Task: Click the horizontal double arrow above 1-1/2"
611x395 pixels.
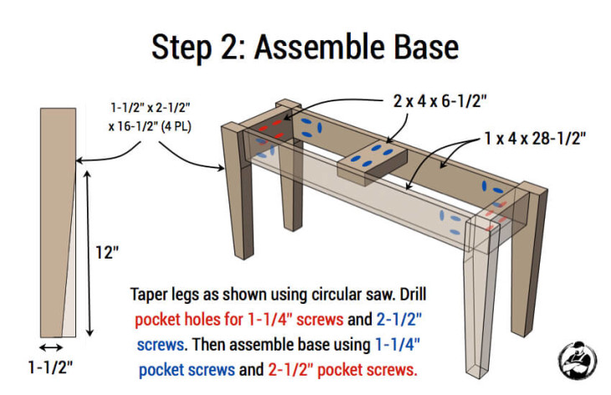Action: (x=51, y=346)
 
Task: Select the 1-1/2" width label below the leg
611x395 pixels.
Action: (x=53, y=367)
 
